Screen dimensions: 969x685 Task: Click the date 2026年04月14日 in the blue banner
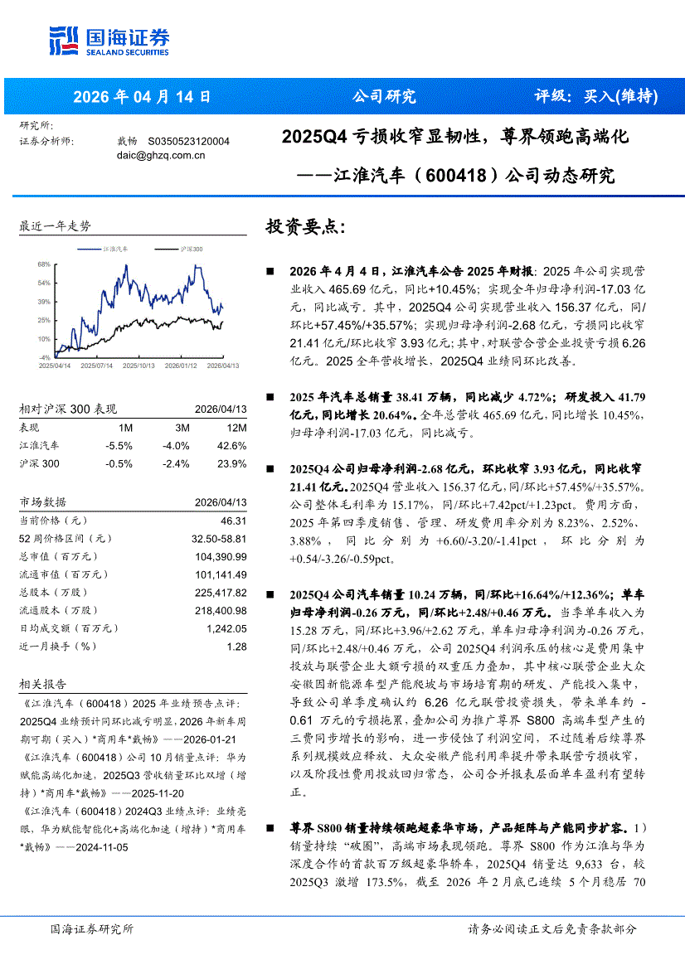coord(142,96)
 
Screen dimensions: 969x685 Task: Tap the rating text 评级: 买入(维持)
coord(595,96)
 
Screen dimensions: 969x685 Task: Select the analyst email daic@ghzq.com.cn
coord(159,154)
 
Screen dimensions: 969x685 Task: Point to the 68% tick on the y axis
coord(44,264)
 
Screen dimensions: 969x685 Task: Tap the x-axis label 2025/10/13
coord(136,365)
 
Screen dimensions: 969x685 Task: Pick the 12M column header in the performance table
coord(236,428)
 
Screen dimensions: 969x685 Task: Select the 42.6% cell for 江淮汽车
coord(232,446)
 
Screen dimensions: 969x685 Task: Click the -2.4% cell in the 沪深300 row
coord(177,463)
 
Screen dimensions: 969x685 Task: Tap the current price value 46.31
coord(232,521)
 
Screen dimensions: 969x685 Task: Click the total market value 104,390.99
coord(219,556)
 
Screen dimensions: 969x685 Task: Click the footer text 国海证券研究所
coord(91,929)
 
